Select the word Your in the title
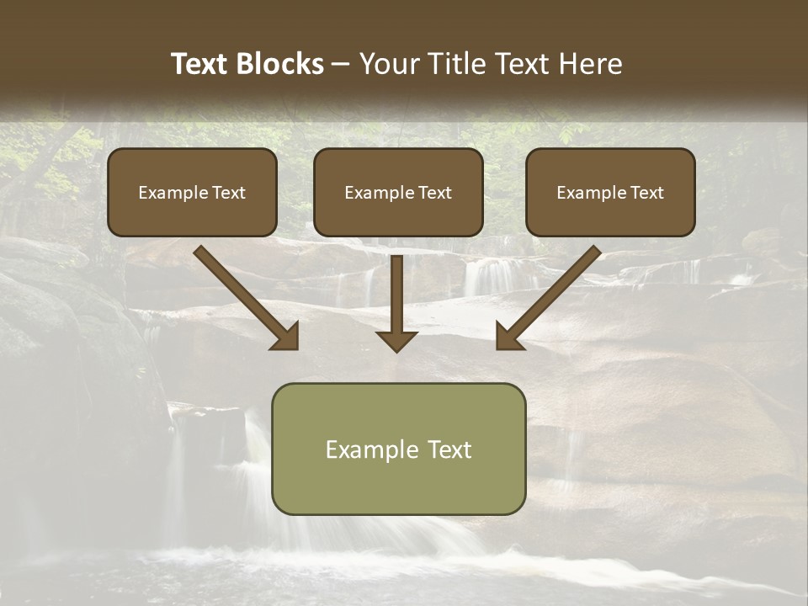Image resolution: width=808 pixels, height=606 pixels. point(387,64)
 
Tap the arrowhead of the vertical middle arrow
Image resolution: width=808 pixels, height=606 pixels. point(396,340)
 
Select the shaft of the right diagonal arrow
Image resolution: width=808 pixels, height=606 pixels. point(560,286)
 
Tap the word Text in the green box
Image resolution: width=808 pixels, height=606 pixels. point(450,449)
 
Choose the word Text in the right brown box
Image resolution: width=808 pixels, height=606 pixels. point(646,193)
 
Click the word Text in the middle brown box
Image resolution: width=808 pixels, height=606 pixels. point(435,193)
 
